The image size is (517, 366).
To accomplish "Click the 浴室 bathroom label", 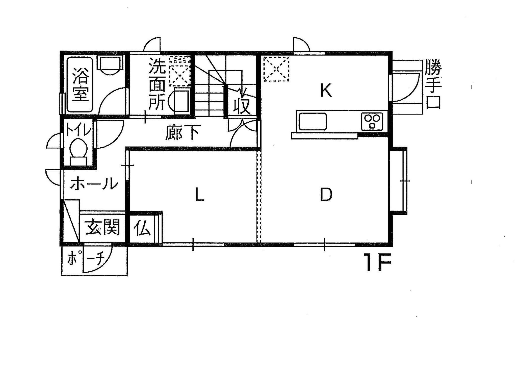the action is pos(80,84).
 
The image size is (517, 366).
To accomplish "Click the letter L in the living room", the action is pos(200,195).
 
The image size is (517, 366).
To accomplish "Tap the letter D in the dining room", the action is pos(326,195).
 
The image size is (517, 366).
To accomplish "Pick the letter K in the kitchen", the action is pos(326,90).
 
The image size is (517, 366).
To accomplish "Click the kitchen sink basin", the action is pos(313,121).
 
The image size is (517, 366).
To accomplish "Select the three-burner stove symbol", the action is pos(372,122).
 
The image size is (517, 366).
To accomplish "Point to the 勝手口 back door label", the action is pos(433,84).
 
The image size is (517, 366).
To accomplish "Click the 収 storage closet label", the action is pos(242,105).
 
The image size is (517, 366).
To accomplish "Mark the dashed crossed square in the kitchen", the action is pos(276,69).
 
